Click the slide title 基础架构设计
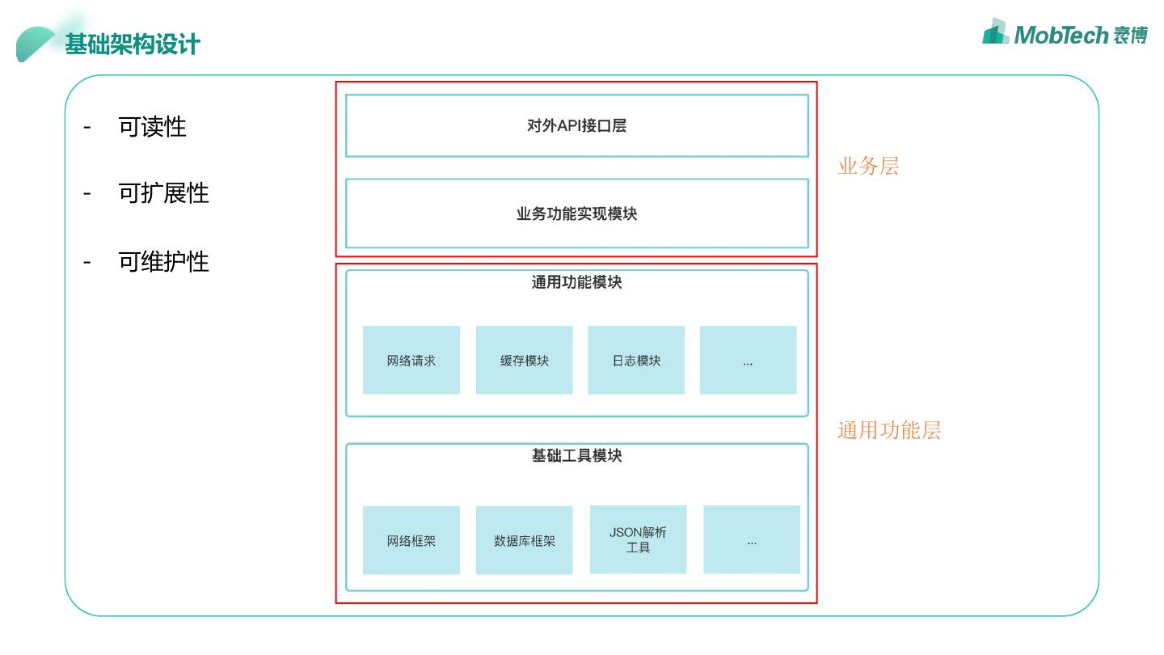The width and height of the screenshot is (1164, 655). [x=133, y=44]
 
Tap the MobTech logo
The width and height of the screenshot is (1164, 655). [x=1065, y=33]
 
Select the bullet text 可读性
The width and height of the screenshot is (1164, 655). [x=152, y=127]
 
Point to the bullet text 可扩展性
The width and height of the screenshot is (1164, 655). [x=163, y=193]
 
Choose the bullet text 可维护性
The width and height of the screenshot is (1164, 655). [x=163, y=262]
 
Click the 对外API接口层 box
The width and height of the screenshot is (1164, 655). [x=576, y=125]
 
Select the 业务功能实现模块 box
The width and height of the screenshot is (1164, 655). [x=576, y=213]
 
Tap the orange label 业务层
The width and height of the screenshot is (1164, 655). [x=868, y=167]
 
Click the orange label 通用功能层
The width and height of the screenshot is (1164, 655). [x=889, y=430]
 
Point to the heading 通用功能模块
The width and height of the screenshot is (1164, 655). [x=576, y=282]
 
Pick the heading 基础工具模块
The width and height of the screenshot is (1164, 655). [x=576, y=456]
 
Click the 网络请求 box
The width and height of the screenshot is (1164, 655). [x=411, y=361]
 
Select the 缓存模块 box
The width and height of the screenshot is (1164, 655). [x=524, y=361]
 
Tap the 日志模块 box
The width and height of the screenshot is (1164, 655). [x=636, y=361]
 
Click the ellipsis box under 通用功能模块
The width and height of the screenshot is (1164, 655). [x=748, y=361]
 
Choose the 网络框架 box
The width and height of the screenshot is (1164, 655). [x=411, y=541]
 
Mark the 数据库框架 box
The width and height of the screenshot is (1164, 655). [x=524, y=541]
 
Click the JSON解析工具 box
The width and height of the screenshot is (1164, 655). [x=638, y=540]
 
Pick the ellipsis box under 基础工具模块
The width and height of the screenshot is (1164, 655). [x=752, y=540]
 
